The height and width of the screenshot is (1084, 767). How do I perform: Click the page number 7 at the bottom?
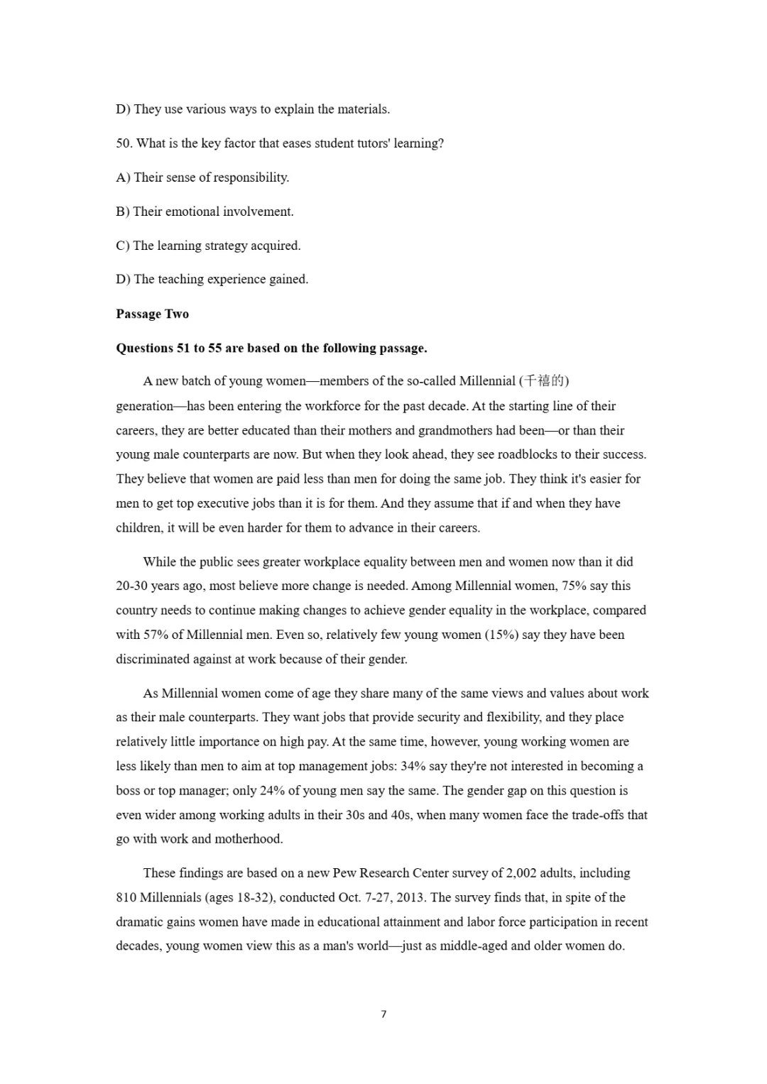383,1014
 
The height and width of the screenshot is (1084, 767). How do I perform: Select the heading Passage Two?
152,314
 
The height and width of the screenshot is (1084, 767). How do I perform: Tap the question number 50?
124,143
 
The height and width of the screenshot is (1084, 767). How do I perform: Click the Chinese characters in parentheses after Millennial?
544,381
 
